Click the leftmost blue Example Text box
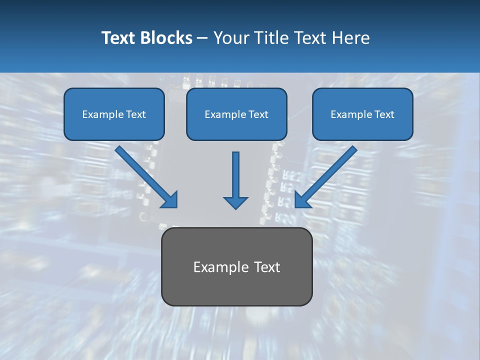click(114, 114)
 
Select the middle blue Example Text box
click(236, 114)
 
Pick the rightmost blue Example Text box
click(362, 114)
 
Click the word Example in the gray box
click(214, 267)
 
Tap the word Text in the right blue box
click(384, 114)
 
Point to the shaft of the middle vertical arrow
click(235, 172)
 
